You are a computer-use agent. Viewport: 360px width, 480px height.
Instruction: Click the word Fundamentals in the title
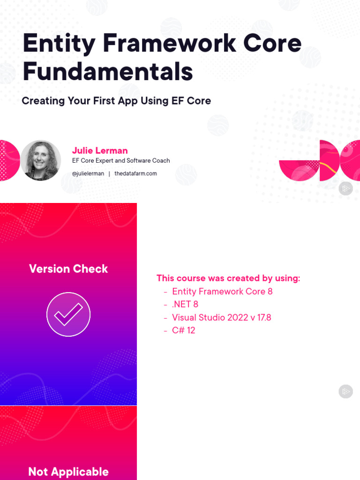coord(108,71)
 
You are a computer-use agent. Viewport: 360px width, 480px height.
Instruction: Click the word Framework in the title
coord(169,43)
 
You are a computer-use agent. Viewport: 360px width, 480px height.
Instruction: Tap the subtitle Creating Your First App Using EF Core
coord(116,101)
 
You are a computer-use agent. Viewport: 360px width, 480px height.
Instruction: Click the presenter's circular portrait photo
coord(41,160)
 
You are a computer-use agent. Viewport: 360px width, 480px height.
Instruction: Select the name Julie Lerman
coord(100,150)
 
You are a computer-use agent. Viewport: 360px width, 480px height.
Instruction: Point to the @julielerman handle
coord(88,173)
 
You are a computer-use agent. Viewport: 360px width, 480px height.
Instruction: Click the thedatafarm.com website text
coord(135,173)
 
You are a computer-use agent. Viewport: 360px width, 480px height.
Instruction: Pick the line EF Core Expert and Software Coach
coord(121,161)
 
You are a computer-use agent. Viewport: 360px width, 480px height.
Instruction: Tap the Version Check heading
coord(68,269)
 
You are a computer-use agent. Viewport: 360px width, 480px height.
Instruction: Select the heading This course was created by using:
coord(228,278)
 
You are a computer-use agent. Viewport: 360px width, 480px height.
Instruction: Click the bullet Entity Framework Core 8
coord(222,292)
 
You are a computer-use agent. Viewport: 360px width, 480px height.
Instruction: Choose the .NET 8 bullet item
coord(185,304)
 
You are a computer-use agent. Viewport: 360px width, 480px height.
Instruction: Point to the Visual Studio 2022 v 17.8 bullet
coord(222,317)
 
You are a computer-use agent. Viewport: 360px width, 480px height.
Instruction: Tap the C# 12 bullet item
coord(183,330)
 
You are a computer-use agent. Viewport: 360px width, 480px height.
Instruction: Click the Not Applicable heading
coord(68,472)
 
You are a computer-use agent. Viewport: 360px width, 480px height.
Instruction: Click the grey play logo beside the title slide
coord(345,188)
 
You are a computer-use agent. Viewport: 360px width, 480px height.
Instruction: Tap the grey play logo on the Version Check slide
coord(345,391)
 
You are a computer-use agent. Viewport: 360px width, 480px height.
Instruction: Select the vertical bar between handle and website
coord(109,174)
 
